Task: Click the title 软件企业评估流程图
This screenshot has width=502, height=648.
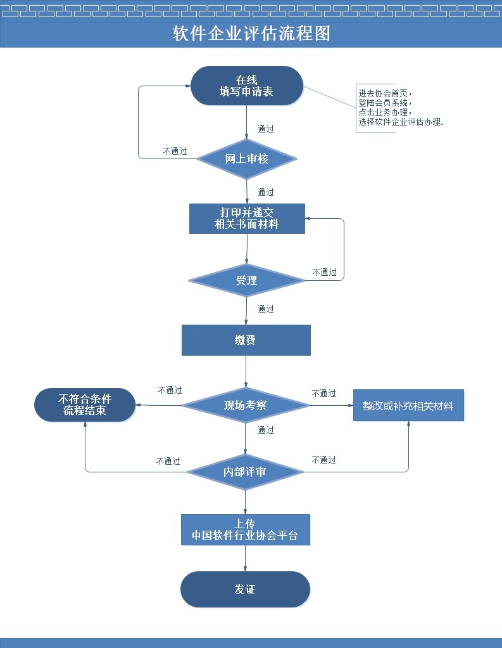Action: pyautogui.click(x=251, y=34)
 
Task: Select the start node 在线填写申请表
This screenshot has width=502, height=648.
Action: pyautogui.click(x=247, y=86)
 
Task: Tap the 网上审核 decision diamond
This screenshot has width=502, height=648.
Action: pyautogui.click(x=247, y=159)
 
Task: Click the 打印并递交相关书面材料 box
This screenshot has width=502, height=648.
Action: pyautogui.click(x=247, y=218)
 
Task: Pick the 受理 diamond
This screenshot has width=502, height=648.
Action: pyautogui.click(x=247, y=280)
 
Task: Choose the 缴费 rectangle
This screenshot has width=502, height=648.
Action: pyautogui.click(x=246, y=340)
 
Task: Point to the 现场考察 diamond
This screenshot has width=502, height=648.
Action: pyautogui.click(x=246, y=405)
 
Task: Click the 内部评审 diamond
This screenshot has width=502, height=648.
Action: pyautogui.click(x=245, y=472)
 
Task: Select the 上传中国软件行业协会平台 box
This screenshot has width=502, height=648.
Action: pyautogui.click(x=245, y=530)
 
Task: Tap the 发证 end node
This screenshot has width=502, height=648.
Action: pyautogui.click(x=245, y=589)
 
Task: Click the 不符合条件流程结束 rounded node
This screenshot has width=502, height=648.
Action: pyautogui.click(x=85, y=405)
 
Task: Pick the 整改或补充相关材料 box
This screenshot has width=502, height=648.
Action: pyautogui.click(x=408, y=405)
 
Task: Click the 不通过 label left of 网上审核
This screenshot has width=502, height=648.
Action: pyautogui.click(x=175, y=151)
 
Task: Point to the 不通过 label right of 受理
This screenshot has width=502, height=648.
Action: pyautogui.click(x=325, y=272)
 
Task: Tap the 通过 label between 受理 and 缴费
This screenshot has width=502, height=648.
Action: pyautogui.click(x=266, y=309)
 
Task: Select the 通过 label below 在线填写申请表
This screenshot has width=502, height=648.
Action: pyautogui.click(x=266, y=129)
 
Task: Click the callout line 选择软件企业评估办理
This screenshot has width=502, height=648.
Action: pyautogui.click(x=400, y=122)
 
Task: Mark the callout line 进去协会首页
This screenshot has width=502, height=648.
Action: pyautogui.click(x=384, y=93)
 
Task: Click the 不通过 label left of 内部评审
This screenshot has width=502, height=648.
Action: pyautogui.click(x=168, y=461)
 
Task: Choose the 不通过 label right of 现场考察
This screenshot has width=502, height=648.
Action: pyautogui.click(x=324, y=393)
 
